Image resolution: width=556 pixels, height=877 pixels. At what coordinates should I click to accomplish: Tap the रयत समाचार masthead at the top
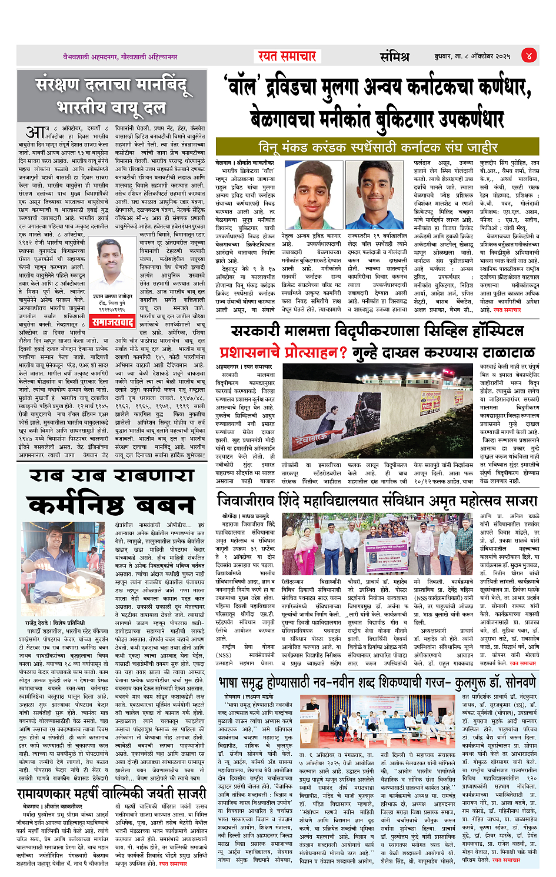coord(287,56)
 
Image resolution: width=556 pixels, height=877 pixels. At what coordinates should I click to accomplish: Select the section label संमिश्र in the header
coord(394,56)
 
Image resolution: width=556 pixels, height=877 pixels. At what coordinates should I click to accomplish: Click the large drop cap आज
coord(35,131)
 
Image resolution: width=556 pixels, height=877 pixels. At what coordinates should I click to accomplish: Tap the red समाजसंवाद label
coord(113,322)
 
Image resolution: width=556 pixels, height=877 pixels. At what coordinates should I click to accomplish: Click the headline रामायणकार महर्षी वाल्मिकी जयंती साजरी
coord(111,793)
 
